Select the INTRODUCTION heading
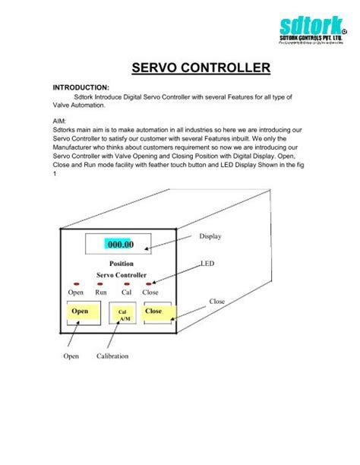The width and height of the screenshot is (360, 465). click(x=81, y=87)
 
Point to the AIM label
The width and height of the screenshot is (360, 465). click(x=60, y=120)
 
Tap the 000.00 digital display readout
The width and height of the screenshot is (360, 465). click(x=120, y=245)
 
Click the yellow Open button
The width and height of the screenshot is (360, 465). click(x=80, y=312)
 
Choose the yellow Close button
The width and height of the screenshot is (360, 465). click(x=154, y=312)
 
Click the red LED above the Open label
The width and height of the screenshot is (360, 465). click(x=75, y=283)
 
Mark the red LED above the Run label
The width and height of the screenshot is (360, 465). click(x=100, y=283)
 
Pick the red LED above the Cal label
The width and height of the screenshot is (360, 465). click(x=126, y=283)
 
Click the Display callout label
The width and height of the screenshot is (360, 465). click(x=210, y=236)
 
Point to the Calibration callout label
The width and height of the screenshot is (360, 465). click(x=112, y=356)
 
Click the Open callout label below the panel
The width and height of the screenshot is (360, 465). click(x=71, y=356)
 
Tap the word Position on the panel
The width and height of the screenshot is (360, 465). click(x=122, y=264)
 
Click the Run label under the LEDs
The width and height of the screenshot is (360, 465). click(x=100, y=292)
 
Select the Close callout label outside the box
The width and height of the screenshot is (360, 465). click(x=219, y=302)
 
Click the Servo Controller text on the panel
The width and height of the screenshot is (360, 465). click(x=122, y=274)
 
